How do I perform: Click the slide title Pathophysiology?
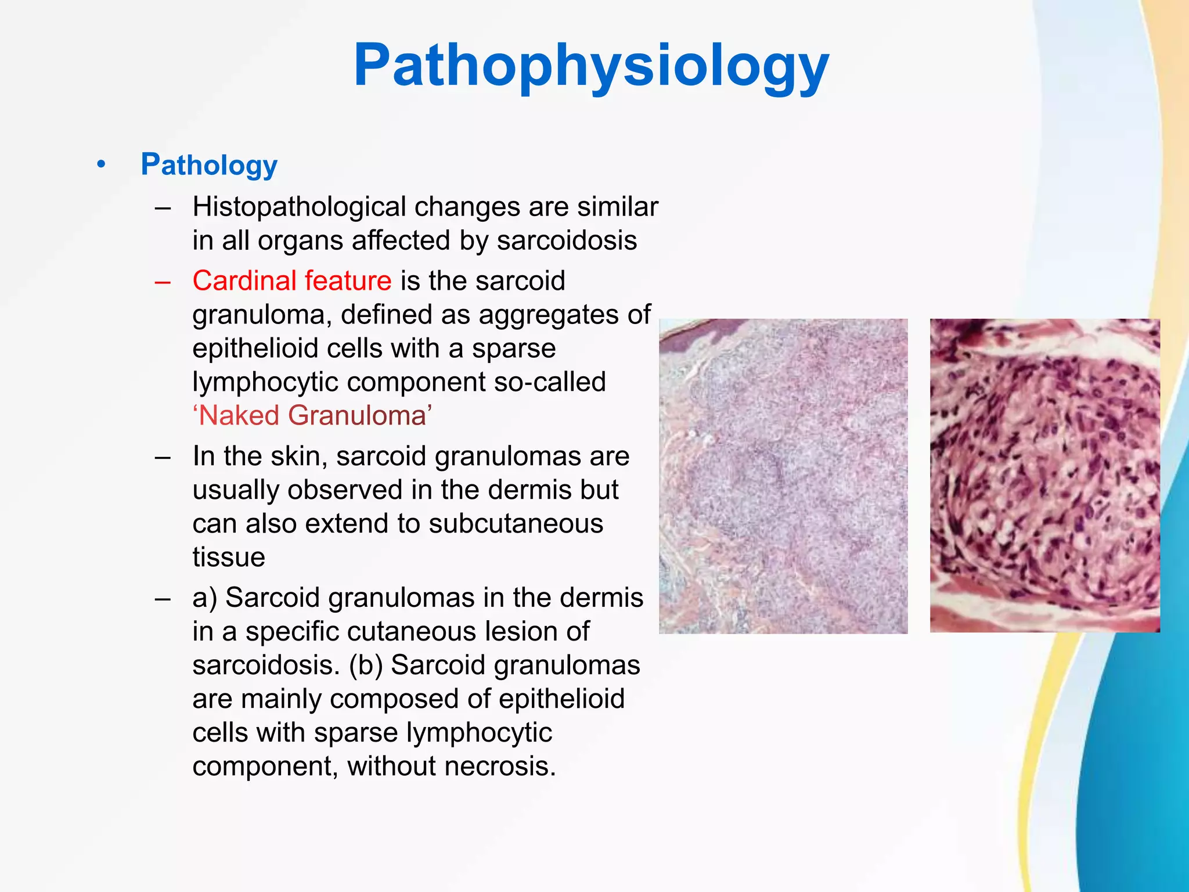pos(591,65)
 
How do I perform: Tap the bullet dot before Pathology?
pos(102,164)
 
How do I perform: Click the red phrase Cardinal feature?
pos(292,280)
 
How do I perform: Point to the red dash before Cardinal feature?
pos(163,282)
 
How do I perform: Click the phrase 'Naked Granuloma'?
pos(312,416)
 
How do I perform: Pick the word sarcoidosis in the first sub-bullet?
pos(567,240)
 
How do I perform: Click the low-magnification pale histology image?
pos(783,476)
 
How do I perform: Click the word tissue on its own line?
pos(229,557)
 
